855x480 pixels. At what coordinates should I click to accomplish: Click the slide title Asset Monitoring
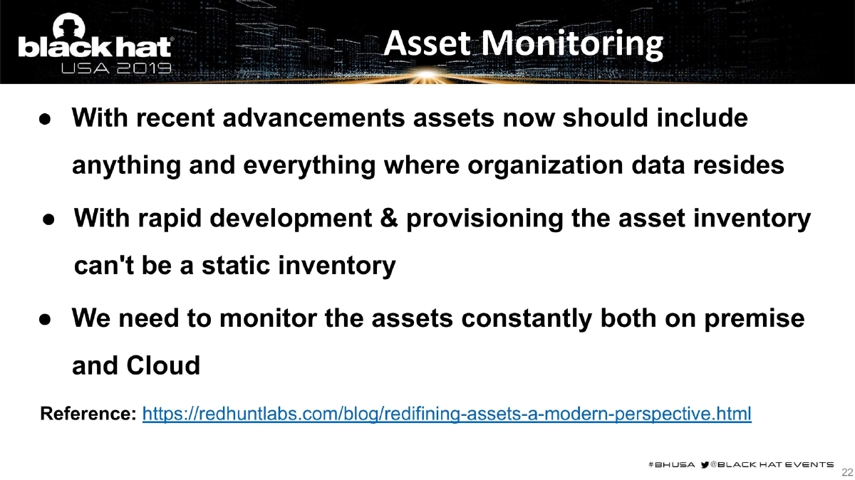523,44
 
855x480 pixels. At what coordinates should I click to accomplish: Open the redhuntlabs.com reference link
447,414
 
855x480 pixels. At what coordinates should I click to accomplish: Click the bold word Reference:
88,414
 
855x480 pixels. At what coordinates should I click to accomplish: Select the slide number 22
847,471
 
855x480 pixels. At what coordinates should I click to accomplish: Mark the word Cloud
163,366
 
